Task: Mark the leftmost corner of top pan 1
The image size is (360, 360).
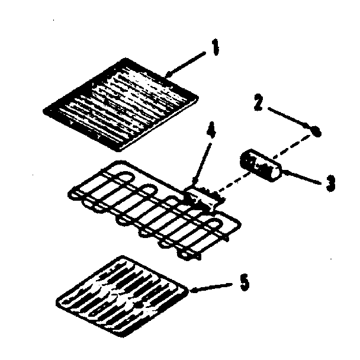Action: (x=46, y=108)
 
